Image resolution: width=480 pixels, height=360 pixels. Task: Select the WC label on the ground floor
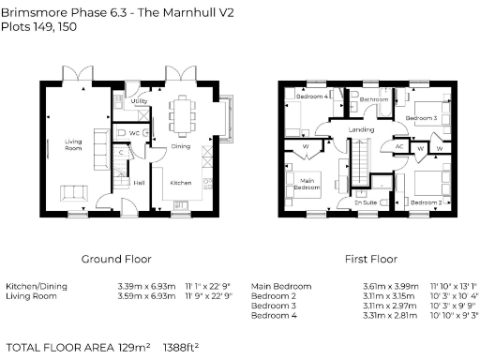point(135,133)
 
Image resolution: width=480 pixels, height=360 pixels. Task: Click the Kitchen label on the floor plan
point(181,184)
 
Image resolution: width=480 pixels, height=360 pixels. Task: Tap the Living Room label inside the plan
point(74,144)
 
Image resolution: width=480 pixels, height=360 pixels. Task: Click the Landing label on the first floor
point(361,129)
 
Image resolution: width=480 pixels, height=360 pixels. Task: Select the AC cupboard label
point(398,146)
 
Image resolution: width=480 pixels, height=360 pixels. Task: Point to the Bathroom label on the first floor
point(375,98)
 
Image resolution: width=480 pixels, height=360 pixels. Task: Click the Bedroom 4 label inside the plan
point(312,97)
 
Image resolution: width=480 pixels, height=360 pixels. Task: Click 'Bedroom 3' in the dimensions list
point(276,306)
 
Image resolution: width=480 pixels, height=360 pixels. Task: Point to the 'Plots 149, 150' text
point(38,28)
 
